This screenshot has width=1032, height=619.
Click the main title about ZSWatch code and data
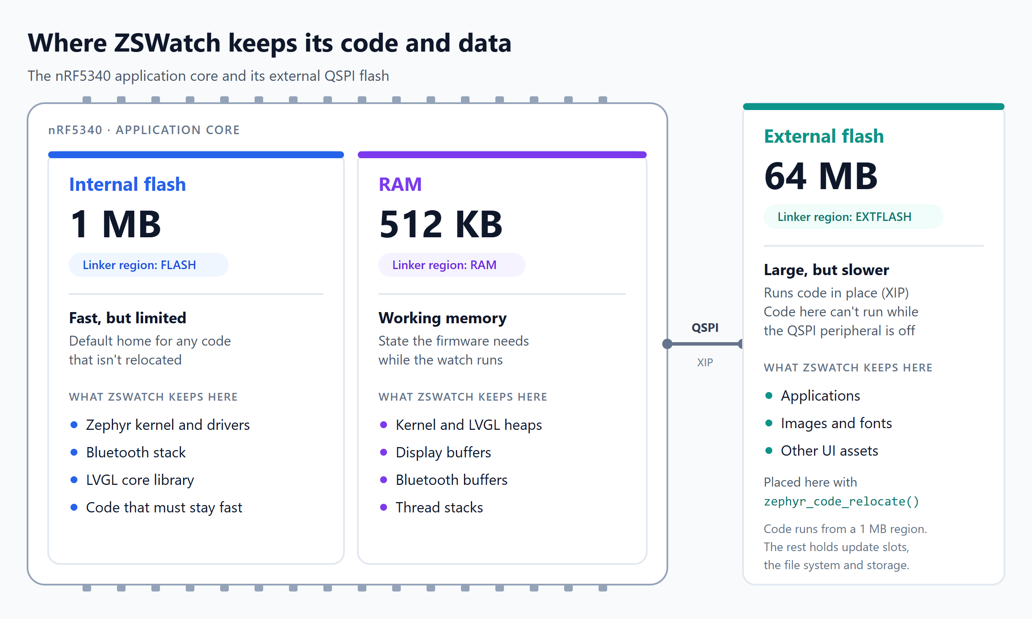pyautogui.click(x=270, y=43)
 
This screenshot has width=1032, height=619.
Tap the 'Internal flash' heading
pyautogui.click(x=128, y=184)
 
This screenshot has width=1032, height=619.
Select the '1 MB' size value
pyautogui.click(x=115, y=224)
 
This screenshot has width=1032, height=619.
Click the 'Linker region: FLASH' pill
pyautogui.click(x=149, y=265)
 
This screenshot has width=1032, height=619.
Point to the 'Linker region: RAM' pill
pyautogui.click(x=451, y=265)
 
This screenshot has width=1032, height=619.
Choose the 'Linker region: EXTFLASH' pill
pyautogui.click(x=853, y=217)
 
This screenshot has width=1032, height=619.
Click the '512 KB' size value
pyautogui.click(x=441, y=224)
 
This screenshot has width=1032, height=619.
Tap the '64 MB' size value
pyautogui.click(x=820, y=176)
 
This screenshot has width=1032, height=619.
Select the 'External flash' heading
pyautogui.click(x=824, y=136)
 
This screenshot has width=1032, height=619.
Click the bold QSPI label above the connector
pyautogui.click(x=705, y=328)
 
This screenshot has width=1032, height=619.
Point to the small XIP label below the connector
pyautogui.click(x=705, y=362)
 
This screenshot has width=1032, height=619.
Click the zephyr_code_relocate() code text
pyautogui.click(x=842, y=502)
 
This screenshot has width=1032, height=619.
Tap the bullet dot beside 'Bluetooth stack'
pyautogui.click(x=74, y=452)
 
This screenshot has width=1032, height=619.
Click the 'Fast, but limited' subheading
pyautogui.click(x=128, y=318)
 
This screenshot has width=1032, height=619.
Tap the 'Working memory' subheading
pyautogui.click(x=442, y=318)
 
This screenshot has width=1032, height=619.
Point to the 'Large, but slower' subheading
pyautogui.click(x=826, y=270)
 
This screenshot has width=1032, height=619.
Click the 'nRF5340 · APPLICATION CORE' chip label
pyautogui.click(x=144, y=130)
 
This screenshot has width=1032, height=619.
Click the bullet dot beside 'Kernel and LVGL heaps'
pyautogui.click(x=384, y=425)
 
